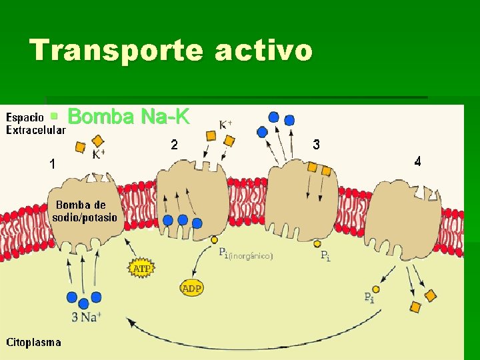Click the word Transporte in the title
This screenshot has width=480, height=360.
[x=116, y=51]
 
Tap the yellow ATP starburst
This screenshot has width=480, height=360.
[x=141, y=269]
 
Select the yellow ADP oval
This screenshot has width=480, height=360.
[x=192, y=288]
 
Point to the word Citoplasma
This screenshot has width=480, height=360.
[x=34, y=343]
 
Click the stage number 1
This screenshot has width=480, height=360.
[x=52, y=163]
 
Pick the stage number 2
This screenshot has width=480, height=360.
[x=174, y=144]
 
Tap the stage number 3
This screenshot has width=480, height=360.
[x=316, y=144]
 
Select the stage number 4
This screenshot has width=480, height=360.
[x=417, y=161]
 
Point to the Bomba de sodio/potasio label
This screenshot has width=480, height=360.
[x=85, y=211]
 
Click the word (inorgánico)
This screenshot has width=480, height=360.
[x=251, y=255]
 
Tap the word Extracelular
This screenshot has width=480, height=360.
[x=35, y=131]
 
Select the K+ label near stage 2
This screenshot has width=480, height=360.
[x=226, y=123]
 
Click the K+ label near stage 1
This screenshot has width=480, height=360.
[x=99, y=155]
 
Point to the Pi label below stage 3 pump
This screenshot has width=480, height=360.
[x=325, y=255]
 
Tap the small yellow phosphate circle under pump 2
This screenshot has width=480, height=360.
[x=214, y=239]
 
